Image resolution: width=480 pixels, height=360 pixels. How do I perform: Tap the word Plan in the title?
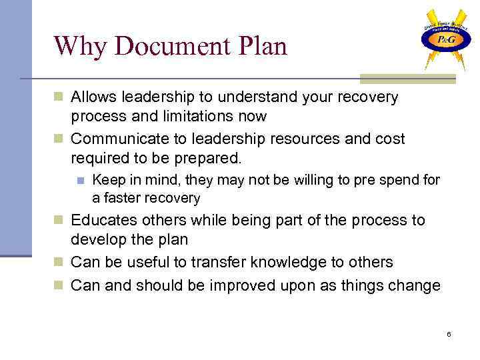[260, 46]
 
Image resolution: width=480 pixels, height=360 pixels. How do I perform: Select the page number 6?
[449, 333]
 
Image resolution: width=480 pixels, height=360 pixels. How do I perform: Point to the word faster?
[125, 198]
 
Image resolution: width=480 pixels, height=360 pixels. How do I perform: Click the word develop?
[97, 239]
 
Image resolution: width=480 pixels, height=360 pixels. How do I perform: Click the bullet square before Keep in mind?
[80, 181]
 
